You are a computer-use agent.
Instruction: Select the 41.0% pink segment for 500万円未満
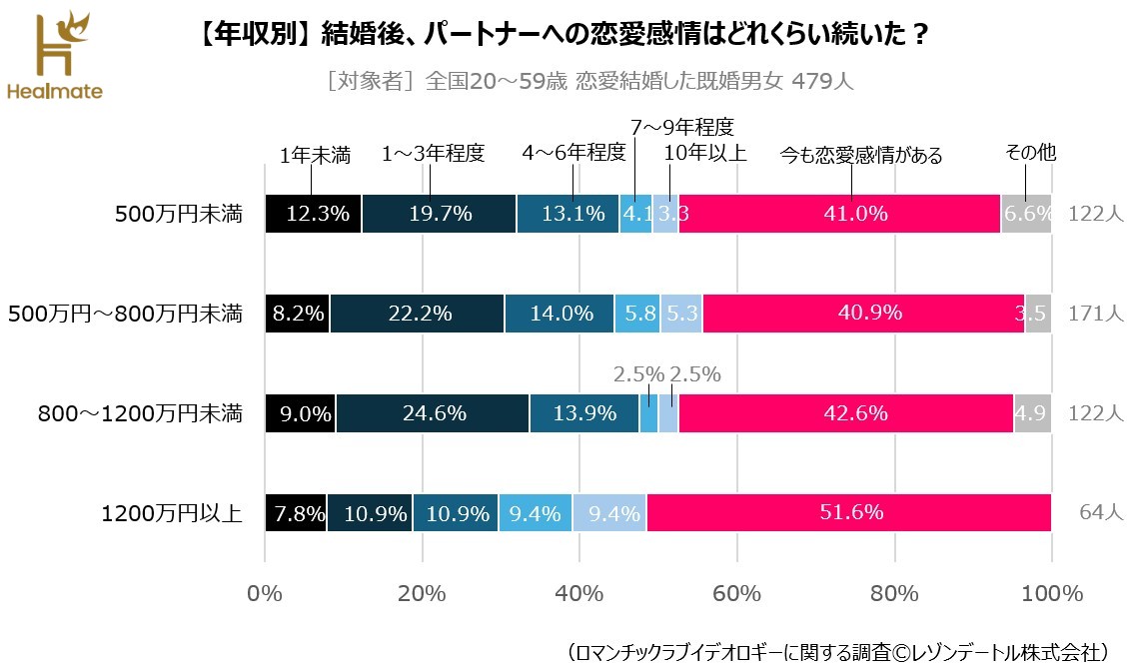click(x=839, y=214)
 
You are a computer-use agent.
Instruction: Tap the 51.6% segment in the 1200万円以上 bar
click(x=849, y=513)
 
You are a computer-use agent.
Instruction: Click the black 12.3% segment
click(x=314, y=214)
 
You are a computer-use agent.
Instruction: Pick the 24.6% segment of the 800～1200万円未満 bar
click(x=433, y=413)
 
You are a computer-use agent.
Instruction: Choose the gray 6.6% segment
click(x=1026, y=214)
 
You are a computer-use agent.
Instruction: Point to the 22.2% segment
click(x=417, y=314)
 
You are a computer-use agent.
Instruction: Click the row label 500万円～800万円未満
click(x=125, y=314)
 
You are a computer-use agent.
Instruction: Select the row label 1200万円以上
click(x=172, y=513)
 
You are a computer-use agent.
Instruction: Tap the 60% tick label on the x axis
click(x=736, y=593)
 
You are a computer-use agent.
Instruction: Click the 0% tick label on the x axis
click(x=265, y=593)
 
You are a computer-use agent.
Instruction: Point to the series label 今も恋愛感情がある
click(x=860, y=156)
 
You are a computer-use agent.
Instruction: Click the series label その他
click(x=1030, y=154)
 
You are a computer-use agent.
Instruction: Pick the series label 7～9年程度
click(x=682, y=127)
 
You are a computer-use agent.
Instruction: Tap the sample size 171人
click(x=1095, y=314)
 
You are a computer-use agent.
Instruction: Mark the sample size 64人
click(x=1101, y=513)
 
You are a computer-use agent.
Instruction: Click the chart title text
click(x=560, y=35)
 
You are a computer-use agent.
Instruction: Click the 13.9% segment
click(x=583, y=413)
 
